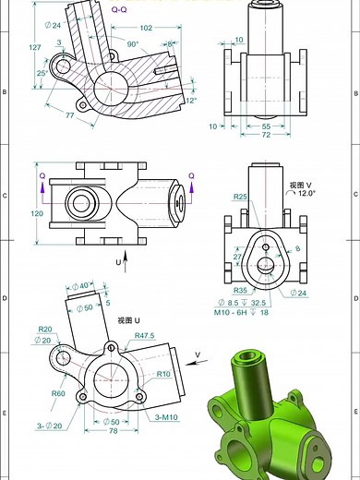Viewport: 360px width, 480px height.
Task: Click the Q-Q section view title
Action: pos(120,8)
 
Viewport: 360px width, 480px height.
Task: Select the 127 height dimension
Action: pos(35,48)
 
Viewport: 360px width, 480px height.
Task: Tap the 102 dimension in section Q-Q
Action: pos(146,28)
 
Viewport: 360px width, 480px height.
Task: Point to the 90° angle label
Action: pos(132,43)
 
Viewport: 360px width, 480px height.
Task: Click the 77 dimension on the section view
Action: pos(69,116)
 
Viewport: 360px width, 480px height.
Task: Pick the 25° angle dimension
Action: pos(41,73)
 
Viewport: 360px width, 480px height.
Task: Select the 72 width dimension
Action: pos(266,135)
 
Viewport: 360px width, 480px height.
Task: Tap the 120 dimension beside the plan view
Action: pos(37,213)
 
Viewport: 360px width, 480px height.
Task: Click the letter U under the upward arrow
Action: pos(118,263)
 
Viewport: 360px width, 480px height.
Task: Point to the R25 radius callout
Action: pos(240,197)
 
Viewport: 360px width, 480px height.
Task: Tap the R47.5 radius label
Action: pos(144,335)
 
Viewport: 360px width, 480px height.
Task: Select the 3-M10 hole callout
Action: pos(166,418)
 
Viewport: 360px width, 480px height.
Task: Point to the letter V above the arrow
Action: pos(197,354)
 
